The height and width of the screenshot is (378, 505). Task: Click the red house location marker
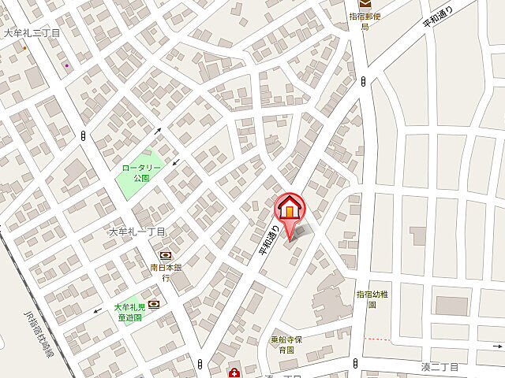point(289,208)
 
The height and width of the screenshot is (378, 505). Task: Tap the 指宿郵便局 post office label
point(365,20)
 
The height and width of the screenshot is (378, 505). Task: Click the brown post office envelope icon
point(365,4)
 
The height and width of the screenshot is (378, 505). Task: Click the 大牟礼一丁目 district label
point(136,232)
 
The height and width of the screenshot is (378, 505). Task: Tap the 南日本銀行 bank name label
point(166,272)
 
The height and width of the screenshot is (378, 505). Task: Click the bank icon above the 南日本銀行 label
point(166,255)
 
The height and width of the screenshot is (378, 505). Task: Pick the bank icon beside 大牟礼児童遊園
point(153,304)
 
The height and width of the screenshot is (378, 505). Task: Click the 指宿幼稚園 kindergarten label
point(372,298)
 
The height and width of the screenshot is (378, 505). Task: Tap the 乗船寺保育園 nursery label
point(282,344)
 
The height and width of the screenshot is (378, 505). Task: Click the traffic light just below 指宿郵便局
point(363,80)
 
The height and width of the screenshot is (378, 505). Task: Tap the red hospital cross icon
point(234,372)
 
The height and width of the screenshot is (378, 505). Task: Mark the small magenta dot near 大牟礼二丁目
point(66,65)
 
